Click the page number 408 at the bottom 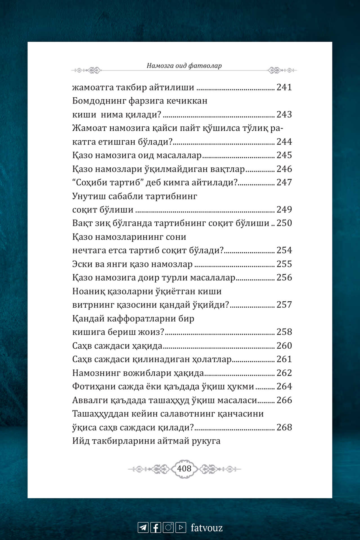click(x=184, y=469)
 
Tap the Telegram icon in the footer click(x=143, y=527)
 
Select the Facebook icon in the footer click(x=156, y=527)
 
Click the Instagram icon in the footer click(x=168, y=527)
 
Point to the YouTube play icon click(x=181, y=527)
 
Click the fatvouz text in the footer click(x=207, y=528)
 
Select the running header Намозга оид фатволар click(x=184, y=66)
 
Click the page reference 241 click(x=284, y=87)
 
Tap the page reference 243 click(x=284, y=114)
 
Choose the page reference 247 click(x=284, y=182)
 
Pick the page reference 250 click(x=284, y=223)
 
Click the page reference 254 click(x=284, y=250)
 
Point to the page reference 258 click(x=284, y=332)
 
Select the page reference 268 click(x=284, y=427)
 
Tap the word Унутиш click(x=89, y=196)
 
